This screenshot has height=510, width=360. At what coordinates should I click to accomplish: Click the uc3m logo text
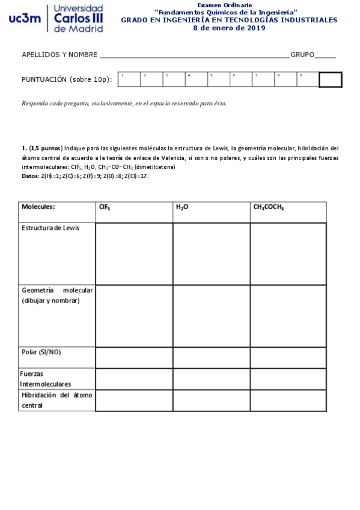[x=25, y=19]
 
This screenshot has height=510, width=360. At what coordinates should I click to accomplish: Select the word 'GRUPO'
[x=302, y=55]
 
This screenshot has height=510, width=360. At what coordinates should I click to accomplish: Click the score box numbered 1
[x=129, y=79]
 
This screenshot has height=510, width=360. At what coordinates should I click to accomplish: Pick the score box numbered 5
[x=219, y=79]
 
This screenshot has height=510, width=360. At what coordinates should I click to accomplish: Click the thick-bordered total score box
[x=330, y=79]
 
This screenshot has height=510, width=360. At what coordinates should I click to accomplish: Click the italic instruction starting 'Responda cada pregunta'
[x=124, y=103]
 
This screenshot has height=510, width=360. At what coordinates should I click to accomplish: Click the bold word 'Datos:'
[x=30, y=176]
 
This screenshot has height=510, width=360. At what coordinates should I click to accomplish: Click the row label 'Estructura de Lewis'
[x=50, y=228]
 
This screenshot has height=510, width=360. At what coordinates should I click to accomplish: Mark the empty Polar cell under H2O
[x=211, y=357]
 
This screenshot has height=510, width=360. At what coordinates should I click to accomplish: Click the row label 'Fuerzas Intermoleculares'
[x=46, y=378]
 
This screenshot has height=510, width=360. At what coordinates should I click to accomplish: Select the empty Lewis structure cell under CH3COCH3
[x=288, y=253]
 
